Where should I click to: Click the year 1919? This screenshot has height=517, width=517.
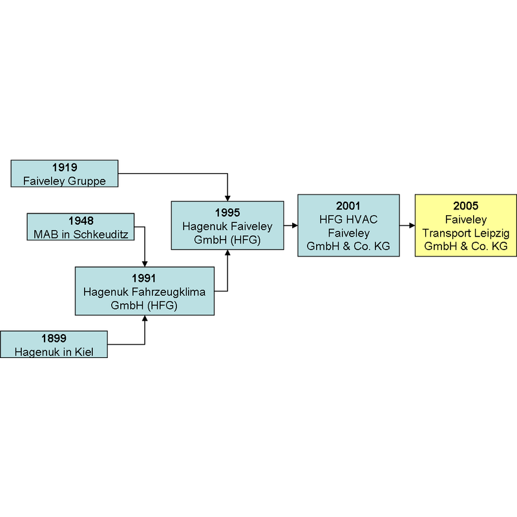(65, 167)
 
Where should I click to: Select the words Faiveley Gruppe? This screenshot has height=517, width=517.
(64, 181)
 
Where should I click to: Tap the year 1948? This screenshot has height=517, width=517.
(81, 221)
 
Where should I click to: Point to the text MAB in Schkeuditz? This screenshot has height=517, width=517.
(81, 235)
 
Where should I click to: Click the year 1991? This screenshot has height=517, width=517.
(144, 279)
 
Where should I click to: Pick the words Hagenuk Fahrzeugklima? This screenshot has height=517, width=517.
(144, 292)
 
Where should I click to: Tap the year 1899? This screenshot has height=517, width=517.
(54, 338)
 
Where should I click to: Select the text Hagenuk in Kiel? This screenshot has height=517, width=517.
(54, 352)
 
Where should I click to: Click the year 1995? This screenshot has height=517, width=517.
(227, 213)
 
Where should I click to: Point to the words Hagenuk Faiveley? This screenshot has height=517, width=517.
(227, 226)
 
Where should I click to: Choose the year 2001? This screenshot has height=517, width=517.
(348, 206)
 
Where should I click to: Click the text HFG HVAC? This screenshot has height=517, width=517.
(348, 220)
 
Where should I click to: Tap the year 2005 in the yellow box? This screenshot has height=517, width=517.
(465, 206)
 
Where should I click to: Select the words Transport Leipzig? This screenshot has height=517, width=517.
(465, 233)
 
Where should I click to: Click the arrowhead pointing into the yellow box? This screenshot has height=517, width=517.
(412, 226)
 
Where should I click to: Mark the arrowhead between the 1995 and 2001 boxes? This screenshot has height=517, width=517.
(295, 226)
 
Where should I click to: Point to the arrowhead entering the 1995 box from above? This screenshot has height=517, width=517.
(227, 198)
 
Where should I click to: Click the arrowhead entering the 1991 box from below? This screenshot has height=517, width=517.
(145, 318)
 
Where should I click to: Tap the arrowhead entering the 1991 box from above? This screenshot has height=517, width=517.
(145, 264)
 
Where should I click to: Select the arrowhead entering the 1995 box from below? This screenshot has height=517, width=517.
(227, 253)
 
